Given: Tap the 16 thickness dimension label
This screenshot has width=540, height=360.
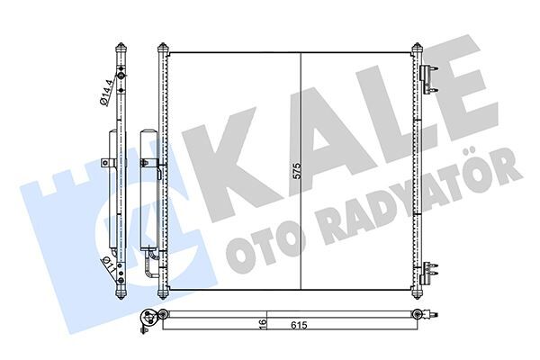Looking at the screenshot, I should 259,323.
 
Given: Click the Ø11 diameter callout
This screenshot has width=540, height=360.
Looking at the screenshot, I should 107,268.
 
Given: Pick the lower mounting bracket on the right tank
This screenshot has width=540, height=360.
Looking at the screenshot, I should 430,269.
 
